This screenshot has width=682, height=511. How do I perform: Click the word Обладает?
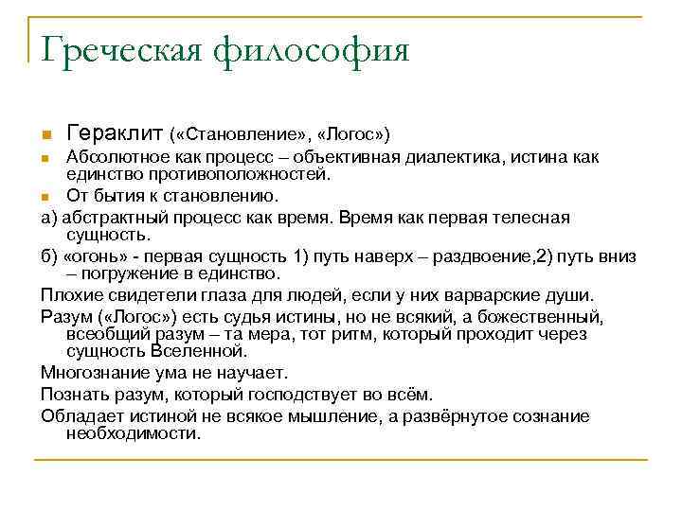pos(79,415)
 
